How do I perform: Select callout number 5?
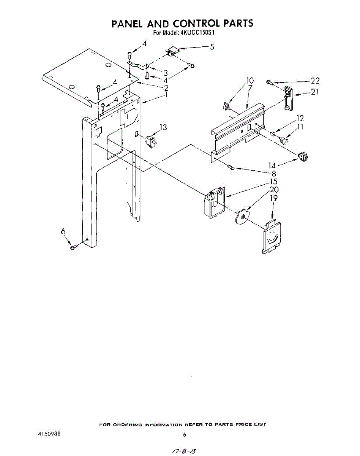[x=212, y=47]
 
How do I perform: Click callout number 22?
[x=315, y=81]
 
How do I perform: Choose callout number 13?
[x=163, y=127]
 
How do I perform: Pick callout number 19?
[x=273, y=198]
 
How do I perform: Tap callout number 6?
[x=63, y=231]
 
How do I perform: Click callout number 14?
[x=272, y=165]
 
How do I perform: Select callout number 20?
[x=273, y=190]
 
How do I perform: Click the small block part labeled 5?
[x=174, y=52]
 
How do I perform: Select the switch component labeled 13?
[x=150, y=140]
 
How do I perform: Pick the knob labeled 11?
[x=284, y=141]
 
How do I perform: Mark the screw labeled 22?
[x=269, y=81]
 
